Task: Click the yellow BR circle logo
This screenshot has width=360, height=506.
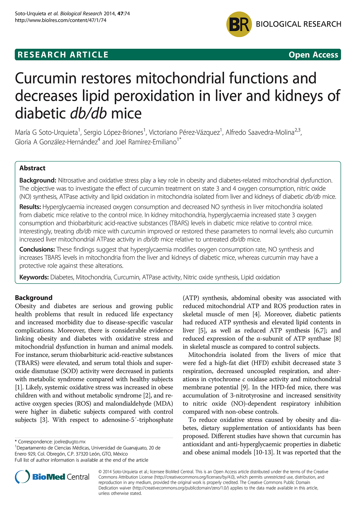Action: coord(239,24)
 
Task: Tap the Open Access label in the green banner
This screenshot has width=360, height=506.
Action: coord(313,55)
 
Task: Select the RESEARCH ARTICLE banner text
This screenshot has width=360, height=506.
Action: coord(63,55)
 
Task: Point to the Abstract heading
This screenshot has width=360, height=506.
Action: coord(32,168)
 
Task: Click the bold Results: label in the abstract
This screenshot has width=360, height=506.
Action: coord(30,207)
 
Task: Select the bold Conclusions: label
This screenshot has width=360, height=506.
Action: coord(37,250)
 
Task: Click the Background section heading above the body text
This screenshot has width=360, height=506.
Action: coord(33,298)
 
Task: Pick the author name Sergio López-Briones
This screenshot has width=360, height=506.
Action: coord(113,133)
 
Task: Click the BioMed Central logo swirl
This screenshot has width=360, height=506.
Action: coord(22,477)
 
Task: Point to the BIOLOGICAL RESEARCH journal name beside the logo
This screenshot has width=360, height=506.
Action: coord(298,24)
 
